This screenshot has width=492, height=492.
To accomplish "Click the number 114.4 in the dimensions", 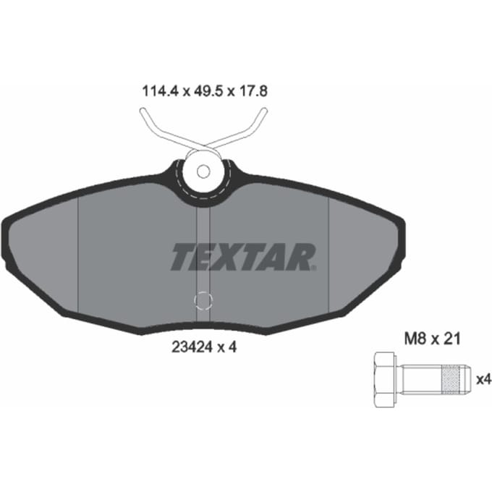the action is click(161, 91).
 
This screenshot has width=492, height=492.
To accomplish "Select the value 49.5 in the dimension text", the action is click(208, 91).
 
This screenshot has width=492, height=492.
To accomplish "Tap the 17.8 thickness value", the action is click(253, 91).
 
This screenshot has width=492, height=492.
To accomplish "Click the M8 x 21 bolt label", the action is click(432, 339).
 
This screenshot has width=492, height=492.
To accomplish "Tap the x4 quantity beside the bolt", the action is click(483, 380).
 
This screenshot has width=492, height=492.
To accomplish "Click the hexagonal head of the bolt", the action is click(384, 380).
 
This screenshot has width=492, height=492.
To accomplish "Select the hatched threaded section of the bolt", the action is click(451, 380).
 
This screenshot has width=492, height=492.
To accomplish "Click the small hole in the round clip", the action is click(203, 171).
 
